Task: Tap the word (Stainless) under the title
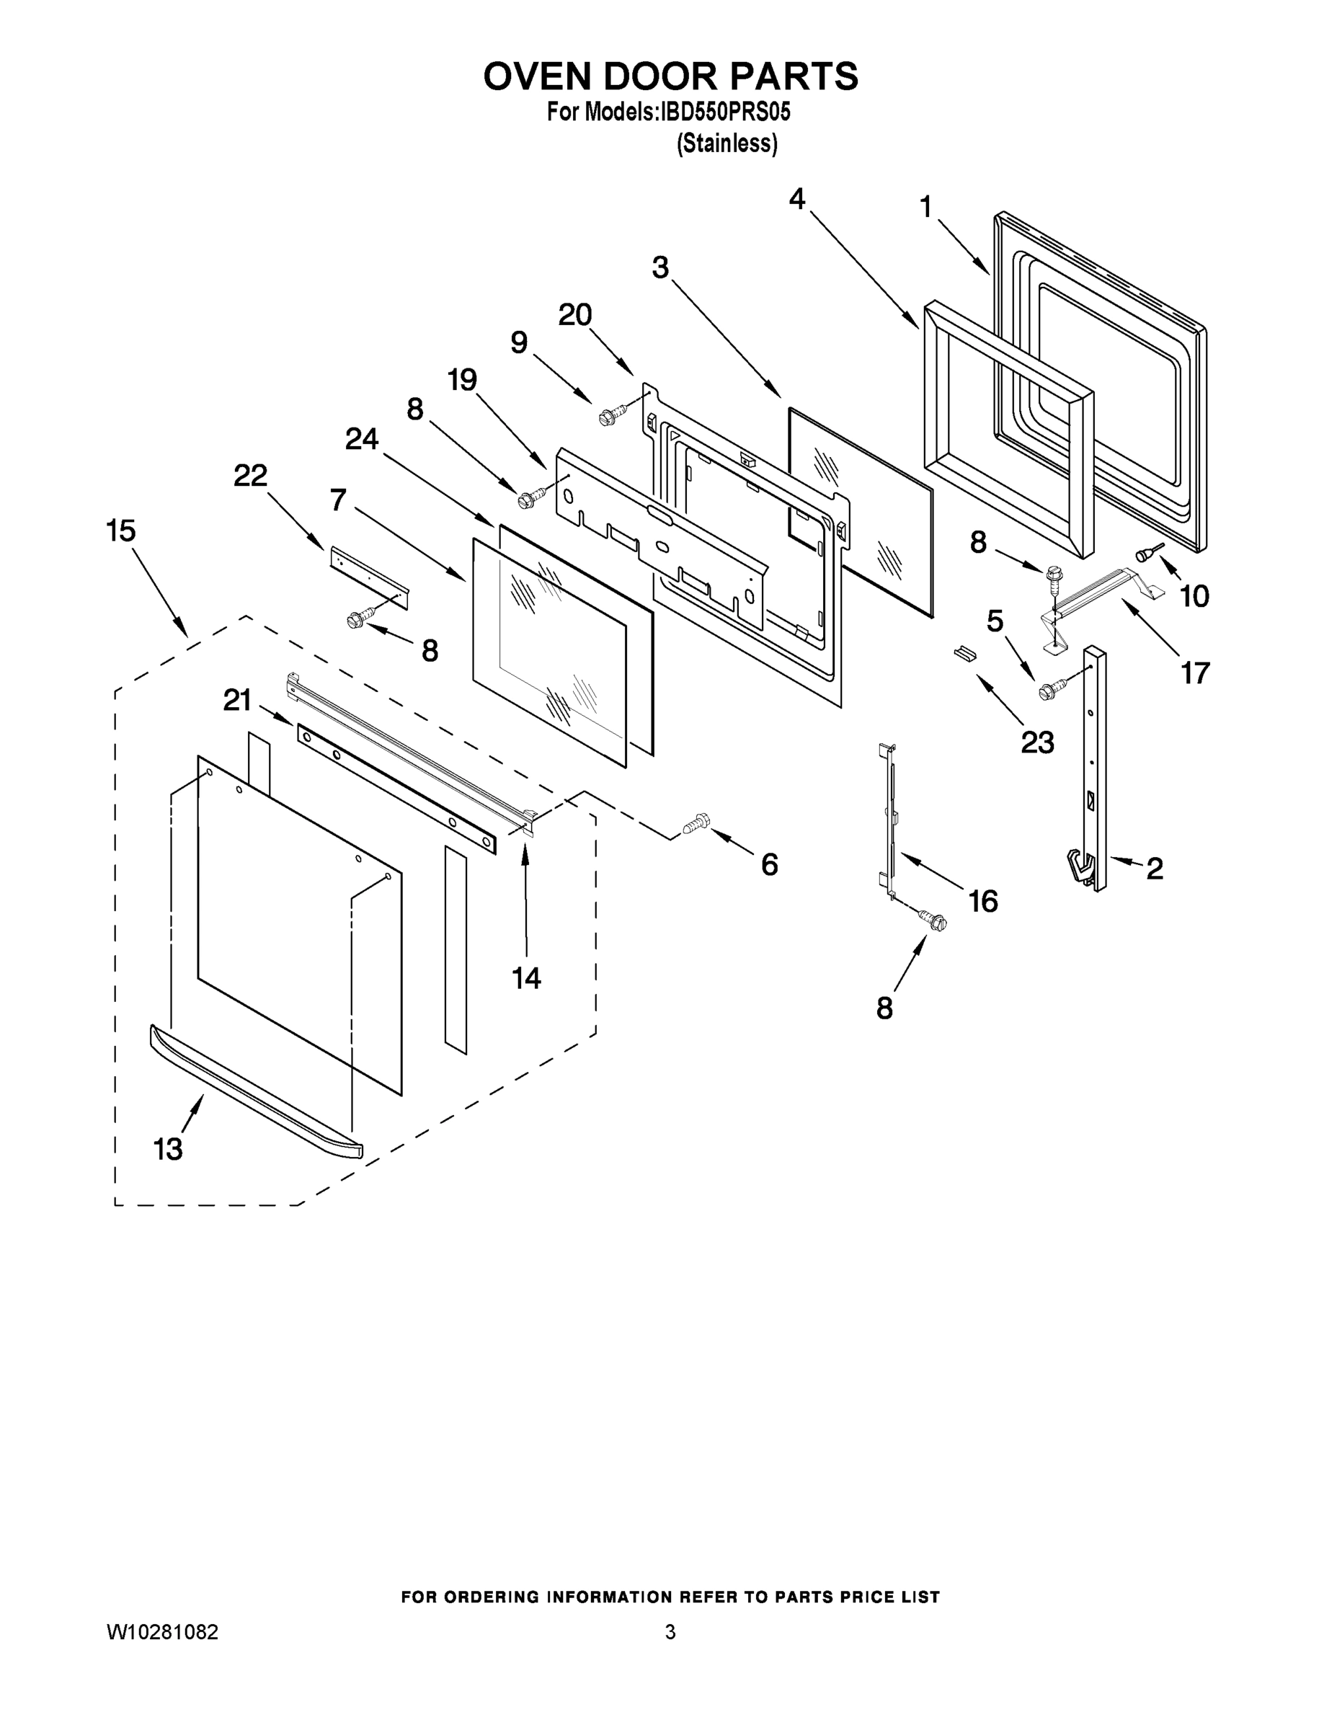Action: [x=727, y=143]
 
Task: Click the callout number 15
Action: [x=120, y=530]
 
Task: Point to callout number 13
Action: [x=167, y=1148]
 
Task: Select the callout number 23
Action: [x=1037, y=742]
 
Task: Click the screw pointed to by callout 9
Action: [x=611, y=413]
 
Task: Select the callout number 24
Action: [x=361, y=438]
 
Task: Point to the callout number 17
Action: [x=1194, y=673]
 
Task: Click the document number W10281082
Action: [x=163, y=1632]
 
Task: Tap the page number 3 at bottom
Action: [x=670, y=1632]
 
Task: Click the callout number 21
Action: [x=237, y=699]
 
